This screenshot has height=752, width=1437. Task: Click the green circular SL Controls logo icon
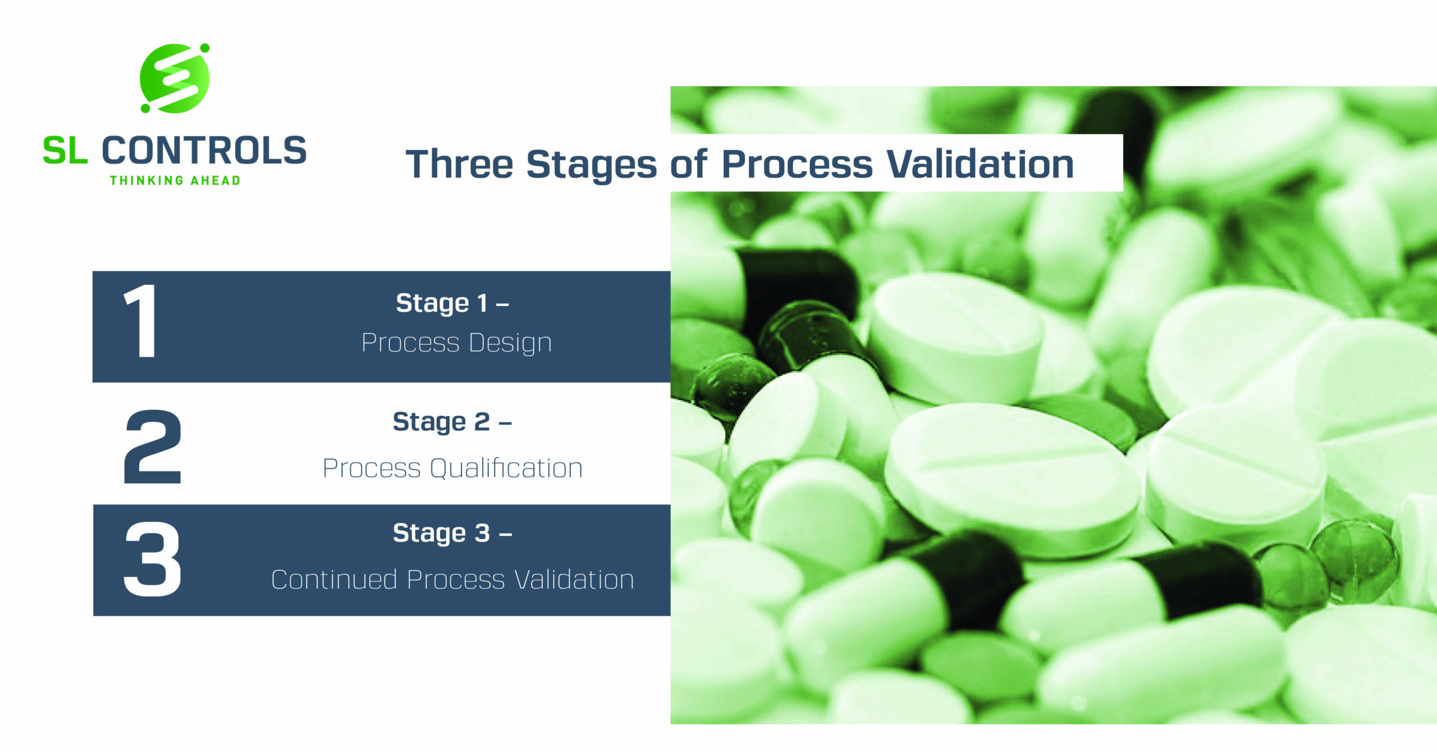click(x=175, y=79)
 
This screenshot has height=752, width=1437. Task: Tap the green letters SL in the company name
click(x=65, y=152)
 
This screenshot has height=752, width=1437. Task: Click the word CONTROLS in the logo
click(x=204, y=151)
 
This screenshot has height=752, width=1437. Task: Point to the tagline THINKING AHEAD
click(x=175, y=181)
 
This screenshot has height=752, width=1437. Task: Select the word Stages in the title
click(x=592, y=166)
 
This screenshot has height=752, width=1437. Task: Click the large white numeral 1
click(x=141, y=321)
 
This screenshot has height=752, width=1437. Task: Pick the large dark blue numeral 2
click(x=153, y=447)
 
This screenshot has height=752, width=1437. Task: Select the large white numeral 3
click(x=153, y=560)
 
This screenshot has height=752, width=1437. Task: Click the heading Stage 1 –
click(x=452, y=304)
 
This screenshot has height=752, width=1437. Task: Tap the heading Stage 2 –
click(x=452, y=422)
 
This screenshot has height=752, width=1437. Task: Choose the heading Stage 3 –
click(x=452, y=533)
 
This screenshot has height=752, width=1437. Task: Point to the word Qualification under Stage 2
click(x=506, y=469)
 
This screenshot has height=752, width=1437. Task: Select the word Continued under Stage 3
click(x=335, y=580)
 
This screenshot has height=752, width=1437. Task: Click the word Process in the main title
click(x=797, y=166)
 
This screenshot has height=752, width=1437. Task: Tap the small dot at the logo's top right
click(x=205, y=48)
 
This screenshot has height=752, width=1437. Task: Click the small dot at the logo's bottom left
click(x=145, y=108)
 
